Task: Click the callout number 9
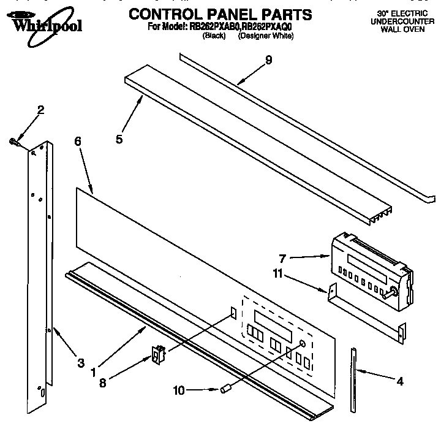[x=251, y=61]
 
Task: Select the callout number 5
[x=119, y=139]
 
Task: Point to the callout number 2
[x=40, y=110]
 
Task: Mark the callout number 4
[x=400, y=381]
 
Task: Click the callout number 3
[x=80, y=363]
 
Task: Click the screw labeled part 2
[x=13, y=142]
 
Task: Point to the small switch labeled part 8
[x=159, y=355]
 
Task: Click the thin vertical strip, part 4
[x=353, y=380]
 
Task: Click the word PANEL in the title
[x=227, y=14]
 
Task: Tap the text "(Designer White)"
[x=265, y=36]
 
